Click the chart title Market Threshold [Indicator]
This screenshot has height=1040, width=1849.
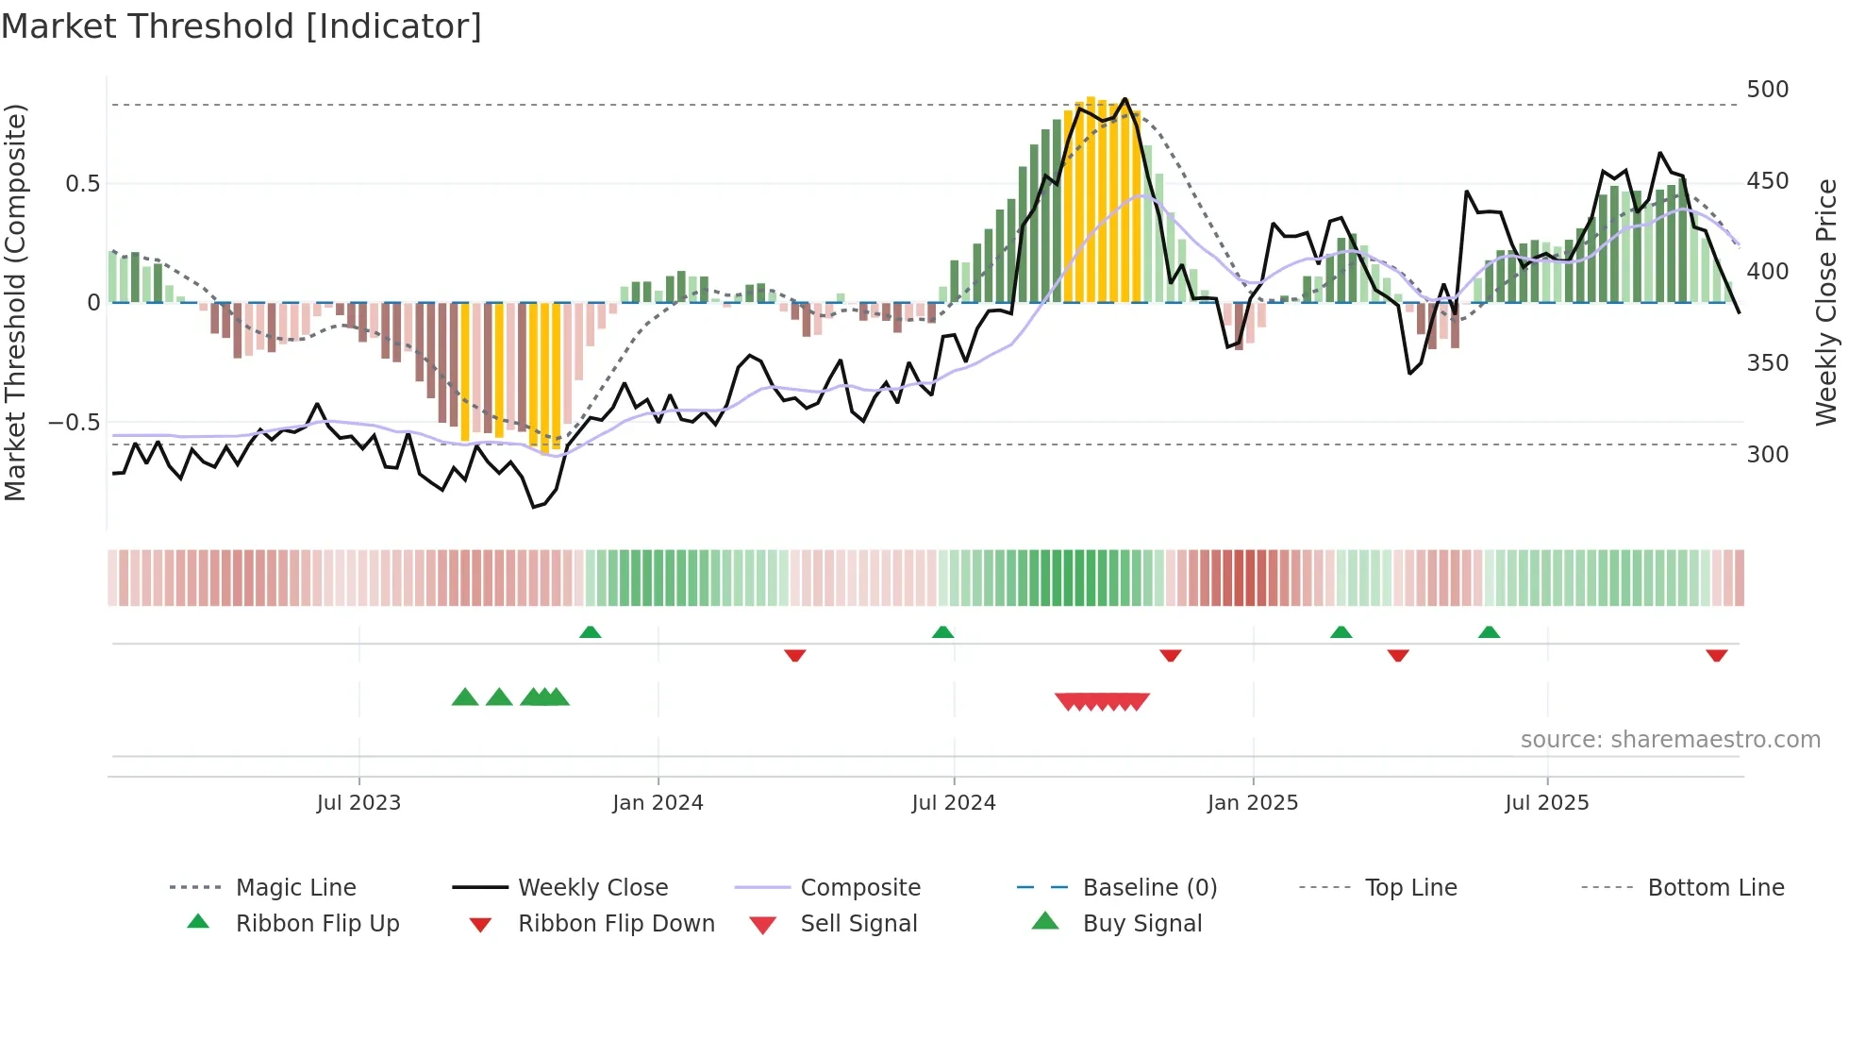242,26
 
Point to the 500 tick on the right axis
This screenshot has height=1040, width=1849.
1767,90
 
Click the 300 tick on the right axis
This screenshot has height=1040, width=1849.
1767,455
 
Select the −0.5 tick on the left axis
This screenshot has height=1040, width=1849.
74,422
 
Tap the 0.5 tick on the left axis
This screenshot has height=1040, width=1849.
82,183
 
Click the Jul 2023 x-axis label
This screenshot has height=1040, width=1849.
358,803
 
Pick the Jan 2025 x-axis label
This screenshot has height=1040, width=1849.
1252,803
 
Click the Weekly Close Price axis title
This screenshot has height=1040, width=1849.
1826,302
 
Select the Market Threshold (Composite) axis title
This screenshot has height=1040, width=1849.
16,302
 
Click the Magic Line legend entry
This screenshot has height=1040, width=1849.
295,888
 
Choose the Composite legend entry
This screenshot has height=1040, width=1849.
859,888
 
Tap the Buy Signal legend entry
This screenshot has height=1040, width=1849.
1141,924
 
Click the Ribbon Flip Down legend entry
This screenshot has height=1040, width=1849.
616,924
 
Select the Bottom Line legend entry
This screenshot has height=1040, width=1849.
1715,888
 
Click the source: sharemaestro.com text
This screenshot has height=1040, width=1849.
1670,740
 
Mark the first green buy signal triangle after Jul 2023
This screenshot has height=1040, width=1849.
465,697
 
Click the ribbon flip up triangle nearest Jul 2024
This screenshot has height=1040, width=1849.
942,631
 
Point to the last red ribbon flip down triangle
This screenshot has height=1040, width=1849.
1716,656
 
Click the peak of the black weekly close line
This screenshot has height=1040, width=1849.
1124,99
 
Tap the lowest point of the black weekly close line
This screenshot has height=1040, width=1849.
534,507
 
